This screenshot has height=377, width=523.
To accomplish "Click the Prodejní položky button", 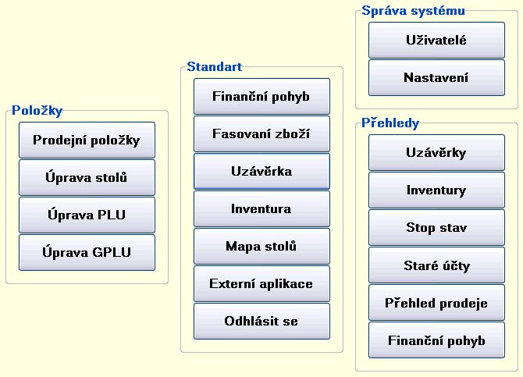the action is click(87, 140).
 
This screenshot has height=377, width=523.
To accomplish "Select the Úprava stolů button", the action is click(87, 177).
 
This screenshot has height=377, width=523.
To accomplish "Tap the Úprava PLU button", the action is click(87, 215).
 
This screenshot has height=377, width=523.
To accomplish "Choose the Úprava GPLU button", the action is click(87, 252).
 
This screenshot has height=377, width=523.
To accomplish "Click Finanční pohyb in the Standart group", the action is click(261, 97).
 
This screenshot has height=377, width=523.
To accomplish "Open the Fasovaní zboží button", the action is click(261, 133).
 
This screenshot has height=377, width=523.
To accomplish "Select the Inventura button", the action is click(261, 209).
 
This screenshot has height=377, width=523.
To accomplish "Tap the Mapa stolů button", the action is click(261, 246).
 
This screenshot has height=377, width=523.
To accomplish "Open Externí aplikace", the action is click(261, 283).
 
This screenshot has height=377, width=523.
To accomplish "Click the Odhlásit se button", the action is click(261, 321).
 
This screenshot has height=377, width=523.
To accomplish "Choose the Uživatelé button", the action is click(436, 40).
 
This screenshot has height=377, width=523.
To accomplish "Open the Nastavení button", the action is click(436, 77).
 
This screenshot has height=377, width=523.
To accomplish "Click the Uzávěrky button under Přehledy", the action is click(436, 152).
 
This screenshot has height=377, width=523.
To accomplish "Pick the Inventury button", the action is click(436, 190).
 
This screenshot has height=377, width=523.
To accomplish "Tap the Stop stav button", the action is click(436, 228).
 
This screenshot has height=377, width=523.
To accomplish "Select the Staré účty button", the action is click(436, 265).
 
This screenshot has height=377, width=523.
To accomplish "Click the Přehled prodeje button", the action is click(436, 303).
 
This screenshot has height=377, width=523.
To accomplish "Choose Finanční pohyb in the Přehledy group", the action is click(436, 340).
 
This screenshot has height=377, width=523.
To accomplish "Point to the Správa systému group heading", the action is click(413, 11).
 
